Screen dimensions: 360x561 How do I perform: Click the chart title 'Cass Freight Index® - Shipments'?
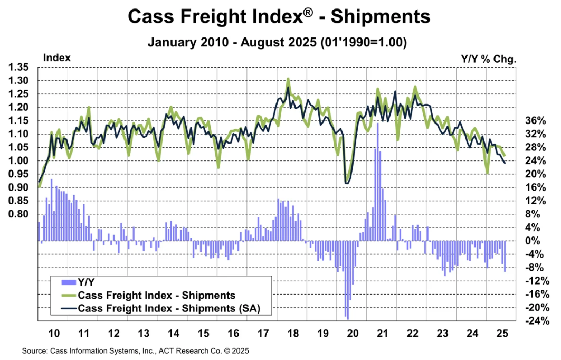pyautogui.click(x=279, y=16)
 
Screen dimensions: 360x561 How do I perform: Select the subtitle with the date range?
pyautogui.click(x=279, y=42)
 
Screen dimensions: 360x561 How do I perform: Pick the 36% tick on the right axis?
pyautogui.click(x=535, y=120)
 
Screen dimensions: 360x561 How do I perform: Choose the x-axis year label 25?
pyautogui.click(x=501, y=334)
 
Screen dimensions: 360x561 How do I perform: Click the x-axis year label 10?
pyautogui.click(x=53, y=334)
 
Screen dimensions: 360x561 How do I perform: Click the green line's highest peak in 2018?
pyautogui.click(x=288, y=79)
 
